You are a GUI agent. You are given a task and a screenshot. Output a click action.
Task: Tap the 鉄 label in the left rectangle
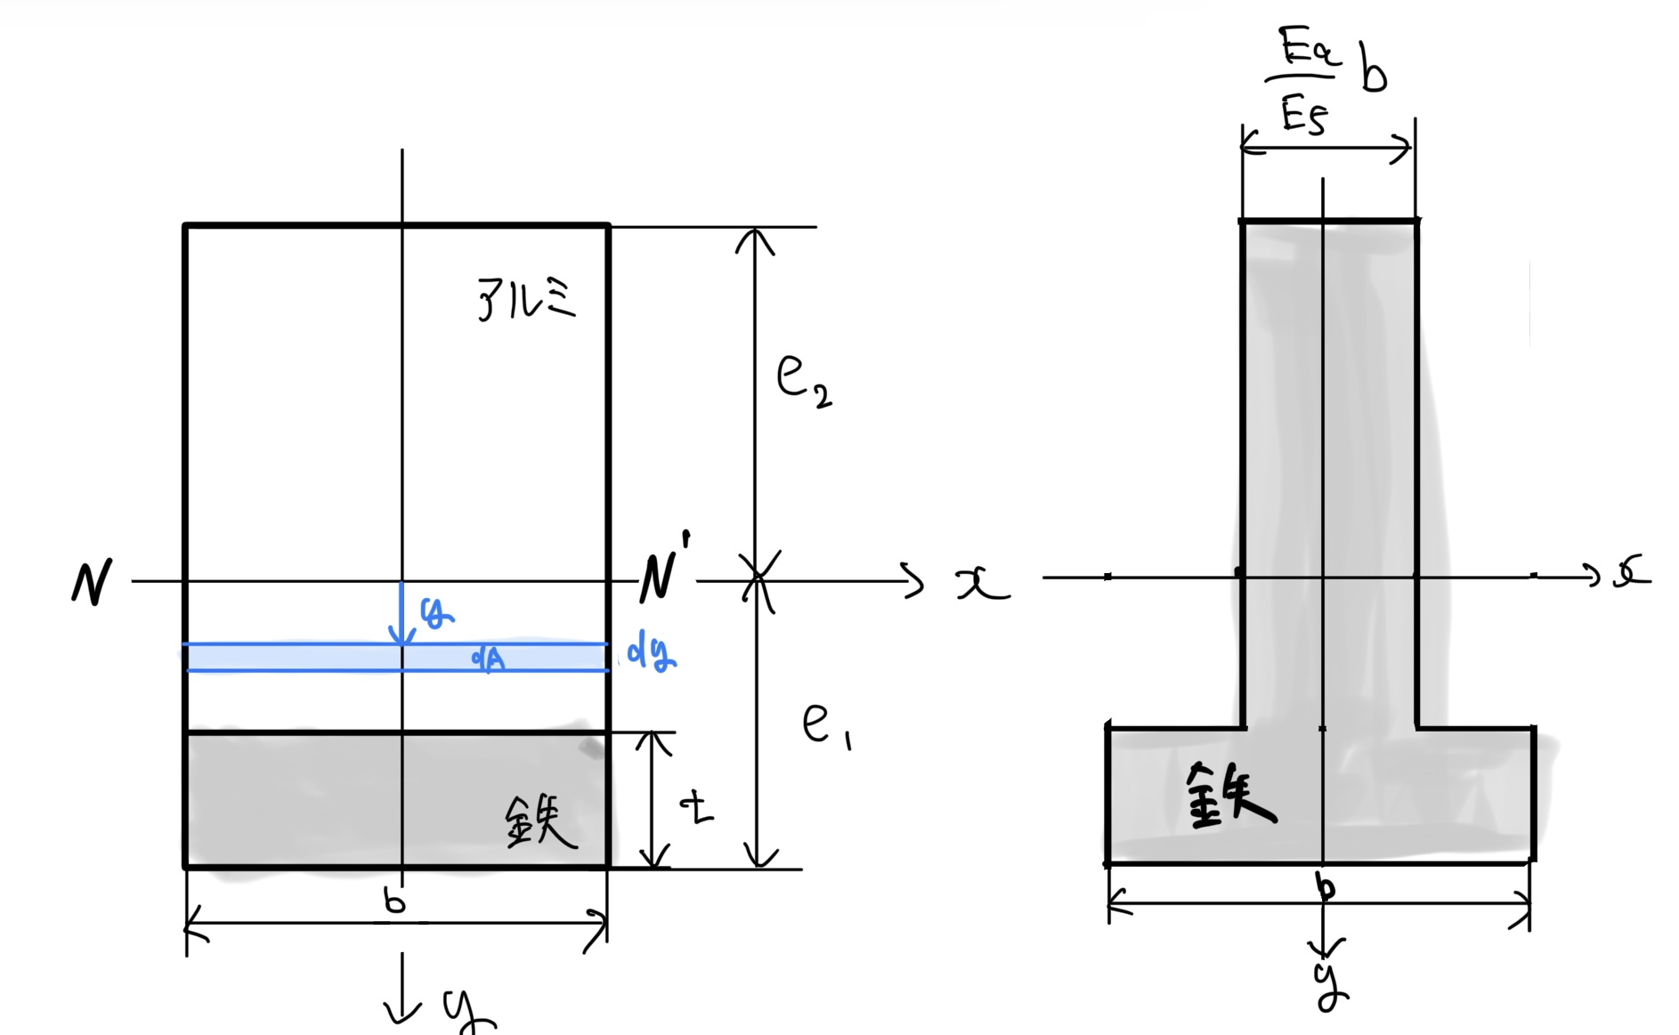tap(540, 821)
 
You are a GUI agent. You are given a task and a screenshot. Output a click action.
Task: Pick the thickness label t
tap(697, 807)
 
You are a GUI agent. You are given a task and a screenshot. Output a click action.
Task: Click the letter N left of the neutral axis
tap(92, 582)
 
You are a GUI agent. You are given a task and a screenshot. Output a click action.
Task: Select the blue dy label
tap(652, 652)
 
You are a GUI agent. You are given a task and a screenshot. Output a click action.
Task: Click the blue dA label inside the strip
tap(488, 659)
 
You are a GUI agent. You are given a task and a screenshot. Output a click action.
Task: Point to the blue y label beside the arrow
tap(436, 611)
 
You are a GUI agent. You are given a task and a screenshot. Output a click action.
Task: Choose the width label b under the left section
tap(394, 902)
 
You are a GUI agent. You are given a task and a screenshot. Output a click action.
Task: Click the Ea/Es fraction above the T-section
tap(1305, 81)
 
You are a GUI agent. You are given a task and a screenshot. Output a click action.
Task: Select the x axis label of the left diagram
tap(982, 584)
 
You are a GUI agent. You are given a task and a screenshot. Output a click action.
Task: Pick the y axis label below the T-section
tap(1330, 984)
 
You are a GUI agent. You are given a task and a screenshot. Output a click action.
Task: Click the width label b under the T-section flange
tap(1326, 887)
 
